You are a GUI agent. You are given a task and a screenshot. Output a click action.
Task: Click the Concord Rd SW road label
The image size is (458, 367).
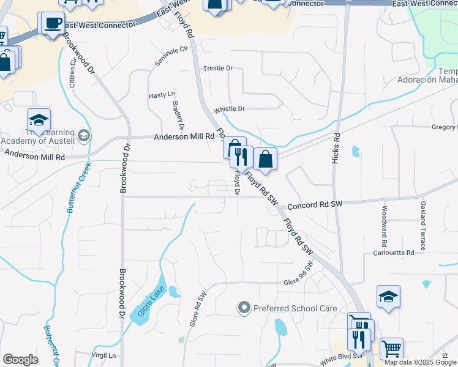point(313,206)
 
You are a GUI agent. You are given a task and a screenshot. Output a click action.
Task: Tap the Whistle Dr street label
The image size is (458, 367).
point(229,109)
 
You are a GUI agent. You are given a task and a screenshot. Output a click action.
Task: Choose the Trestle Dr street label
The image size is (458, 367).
point(218,69)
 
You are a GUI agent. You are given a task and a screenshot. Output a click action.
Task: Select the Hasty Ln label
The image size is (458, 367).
point(162,95)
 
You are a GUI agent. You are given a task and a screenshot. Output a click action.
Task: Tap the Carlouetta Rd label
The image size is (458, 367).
point(394,253)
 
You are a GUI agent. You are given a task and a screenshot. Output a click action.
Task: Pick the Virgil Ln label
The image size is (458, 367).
point(103,355)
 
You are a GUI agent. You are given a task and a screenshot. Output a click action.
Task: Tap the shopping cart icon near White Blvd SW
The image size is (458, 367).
point(391,349)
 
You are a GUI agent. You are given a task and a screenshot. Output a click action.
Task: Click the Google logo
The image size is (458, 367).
point(20,360)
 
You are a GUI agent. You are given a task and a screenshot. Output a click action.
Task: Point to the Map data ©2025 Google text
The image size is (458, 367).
point(420,362)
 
